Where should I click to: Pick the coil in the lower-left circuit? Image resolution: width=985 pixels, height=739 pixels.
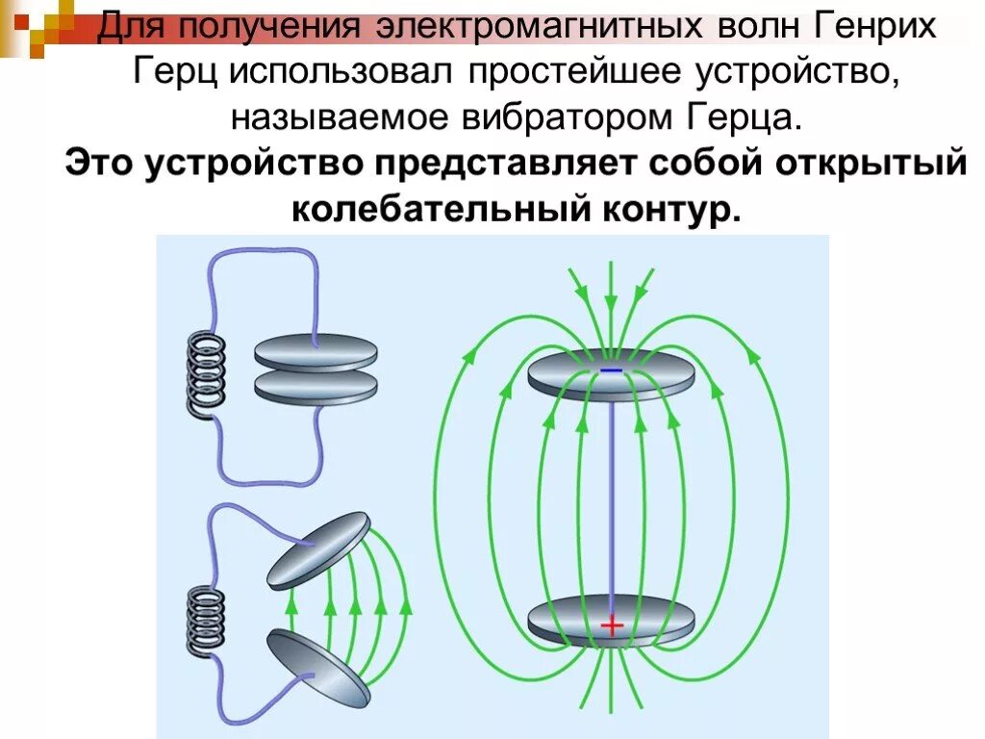[203, 624]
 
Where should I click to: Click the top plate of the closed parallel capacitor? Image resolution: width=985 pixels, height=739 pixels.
[316, 351]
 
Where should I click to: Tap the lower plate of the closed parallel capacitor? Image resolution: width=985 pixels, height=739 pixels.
[316, 387]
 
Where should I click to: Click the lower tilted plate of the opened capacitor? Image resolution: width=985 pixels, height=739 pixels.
[317, 668]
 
